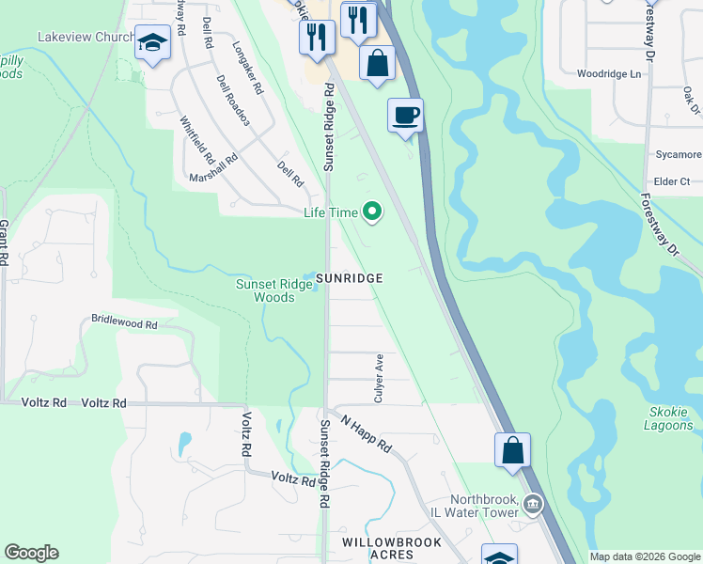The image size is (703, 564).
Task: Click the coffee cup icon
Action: click(x=406, y=116)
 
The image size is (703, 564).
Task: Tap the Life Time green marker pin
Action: click(x=373, y=212)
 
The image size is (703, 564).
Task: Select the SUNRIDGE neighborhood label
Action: click(x=349, y=278)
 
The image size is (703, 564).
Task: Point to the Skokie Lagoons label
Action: click(x=669, y=418)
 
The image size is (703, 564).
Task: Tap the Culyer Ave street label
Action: click(x=379, y=379)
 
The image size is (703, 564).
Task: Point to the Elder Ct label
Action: click(x=672, y=180)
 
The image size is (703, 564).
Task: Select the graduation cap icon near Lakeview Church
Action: click(x=151, y=43)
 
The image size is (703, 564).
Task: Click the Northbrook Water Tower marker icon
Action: click(x=534, y=506)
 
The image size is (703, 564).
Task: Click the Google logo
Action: click(x=31, y=553)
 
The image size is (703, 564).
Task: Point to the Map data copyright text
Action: click(x=645, y=556)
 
